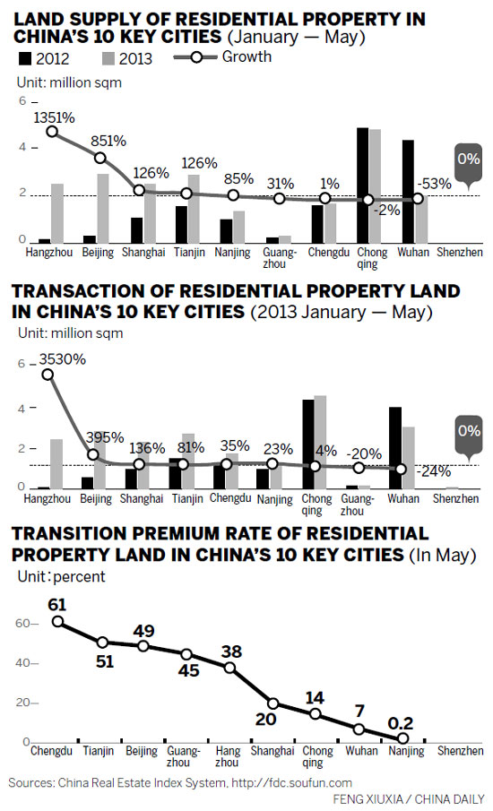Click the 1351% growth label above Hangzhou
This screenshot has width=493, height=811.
pyautogui.click(x=55, y=117)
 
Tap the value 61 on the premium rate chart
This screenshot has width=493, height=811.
pyautogui.click(x=57, y=603)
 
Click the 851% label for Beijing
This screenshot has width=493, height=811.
pyautogui.click(x=108, y=141)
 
